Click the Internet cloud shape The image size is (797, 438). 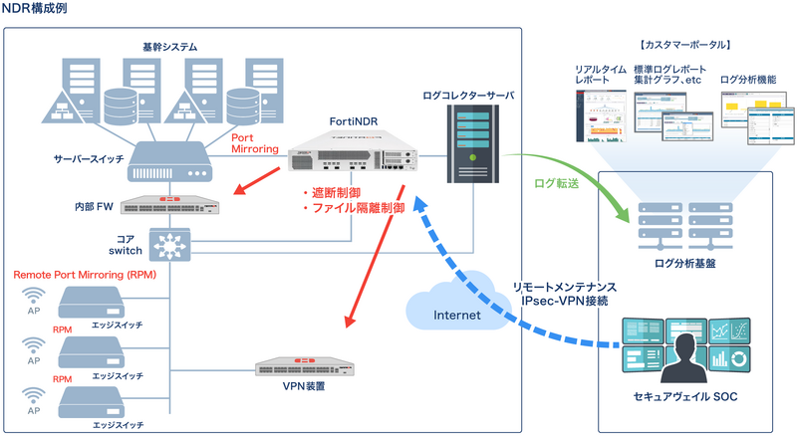453,310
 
